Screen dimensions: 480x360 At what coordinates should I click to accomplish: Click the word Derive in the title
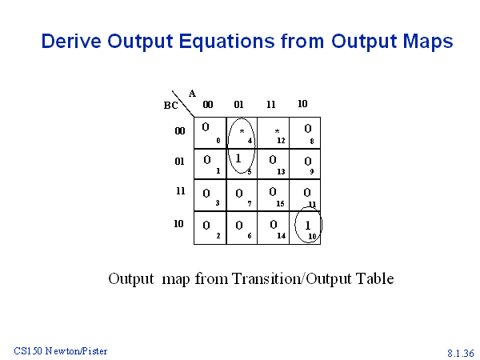[x=71, y=41]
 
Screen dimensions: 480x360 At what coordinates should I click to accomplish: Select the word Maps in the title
[x=428, y=42]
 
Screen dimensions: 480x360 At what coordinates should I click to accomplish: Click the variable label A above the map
[x=192, y=94]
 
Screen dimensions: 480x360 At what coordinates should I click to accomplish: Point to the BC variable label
[x=171, y=106]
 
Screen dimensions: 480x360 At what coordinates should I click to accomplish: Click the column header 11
[x=271, y=105]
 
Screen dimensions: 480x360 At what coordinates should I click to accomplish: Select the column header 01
[x=238, y=105]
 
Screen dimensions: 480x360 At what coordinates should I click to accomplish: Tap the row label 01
[x=180, y=162]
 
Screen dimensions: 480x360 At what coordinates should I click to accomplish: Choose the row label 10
[x=178, y=224]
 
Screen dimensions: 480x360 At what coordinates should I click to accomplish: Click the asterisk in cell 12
[x=277, y=132]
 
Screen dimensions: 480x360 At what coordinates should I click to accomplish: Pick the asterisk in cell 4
[x=242, y=132]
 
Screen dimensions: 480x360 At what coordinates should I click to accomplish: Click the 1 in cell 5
[x=238, y=158]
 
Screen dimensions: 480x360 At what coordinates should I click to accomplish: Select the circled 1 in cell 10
[x=308, y=226]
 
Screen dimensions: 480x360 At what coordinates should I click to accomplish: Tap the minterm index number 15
[x=281, y=203]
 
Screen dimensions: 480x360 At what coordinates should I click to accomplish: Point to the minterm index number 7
[x=250, y=203]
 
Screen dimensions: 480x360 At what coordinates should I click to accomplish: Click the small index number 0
[x=218, y=141]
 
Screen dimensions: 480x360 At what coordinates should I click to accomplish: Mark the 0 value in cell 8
[x=308, y=129]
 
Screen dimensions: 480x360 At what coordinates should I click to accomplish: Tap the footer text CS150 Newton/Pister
[x=61, y=351]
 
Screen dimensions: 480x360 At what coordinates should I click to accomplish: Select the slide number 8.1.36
[x=461, y=353]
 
